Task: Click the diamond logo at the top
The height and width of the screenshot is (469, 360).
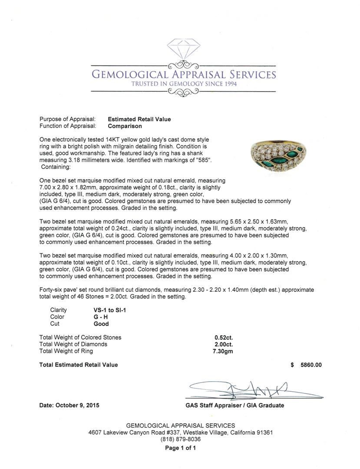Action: coord(183,52)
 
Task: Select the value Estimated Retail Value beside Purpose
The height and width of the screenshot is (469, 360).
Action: coord(139,119)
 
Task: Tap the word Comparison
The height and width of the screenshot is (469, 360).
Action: coord(125,126)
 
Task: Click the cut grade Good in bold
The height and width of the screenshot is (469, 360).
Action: coord(101,324)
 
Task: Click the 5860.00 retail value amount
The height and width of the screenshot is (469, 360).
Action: coord(311,365)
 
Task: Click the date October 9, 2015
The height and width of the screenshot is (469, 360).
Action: coord(69,406)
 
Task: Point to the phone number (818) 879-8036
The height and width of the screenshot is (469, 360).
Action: coord(180,439)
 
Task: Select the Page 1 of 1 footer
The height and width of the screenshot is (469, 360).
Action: coord(180,448)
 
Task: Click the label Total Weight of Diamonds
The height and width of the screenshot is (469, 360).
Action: coord(73,344)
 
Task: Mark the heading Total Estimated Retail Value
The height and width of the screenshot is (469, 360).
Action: coord(78,365)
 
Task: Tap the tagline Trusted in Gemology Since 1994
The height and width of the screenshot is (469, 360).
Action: coord(184,84)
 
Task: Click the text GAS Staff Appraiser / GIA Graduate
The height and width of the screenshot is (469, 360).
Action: coord(234,406)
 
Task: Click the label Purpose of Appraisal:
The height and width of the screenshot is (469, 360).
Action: coord(67,119)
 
